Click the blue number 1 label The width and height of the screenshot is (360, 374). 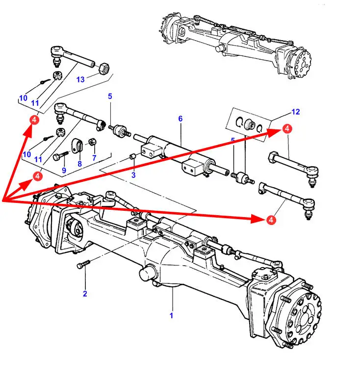click(171, 315)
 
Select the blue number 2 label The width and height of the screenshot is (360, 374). click(85, 294)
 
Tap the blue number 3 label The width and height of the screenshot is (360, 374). click(133, 175)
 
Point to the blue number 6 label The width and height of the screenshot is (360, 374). click(180, 119)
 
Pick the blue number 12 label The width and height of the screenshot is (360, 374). click(296, 112)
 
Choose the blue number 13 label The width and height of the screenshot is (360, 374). click(80, 79)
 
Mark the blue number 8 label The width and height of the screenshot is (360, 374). click(80, 164)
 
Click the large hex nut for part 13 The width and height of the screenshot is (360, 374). click(104, 69)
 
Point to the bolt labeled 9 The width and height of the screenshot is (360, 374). click(61, 156)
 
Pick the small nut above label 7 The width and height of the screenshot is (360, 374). click(93, 142)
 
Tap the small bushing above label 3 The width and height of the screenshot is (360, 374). click(133, 157)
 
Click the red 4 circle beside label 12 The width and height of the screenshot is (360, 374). click(287, 128)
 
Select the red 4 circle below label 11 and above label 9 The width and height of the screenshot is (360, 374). click(37, 176)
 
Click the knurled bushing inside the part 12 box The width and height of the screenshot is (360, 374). click(250, 124)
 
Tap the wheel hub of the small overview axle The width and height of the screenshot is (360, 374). click(302, 63)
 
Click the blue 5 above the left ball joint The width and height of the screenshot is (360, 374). click(110, 97)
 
